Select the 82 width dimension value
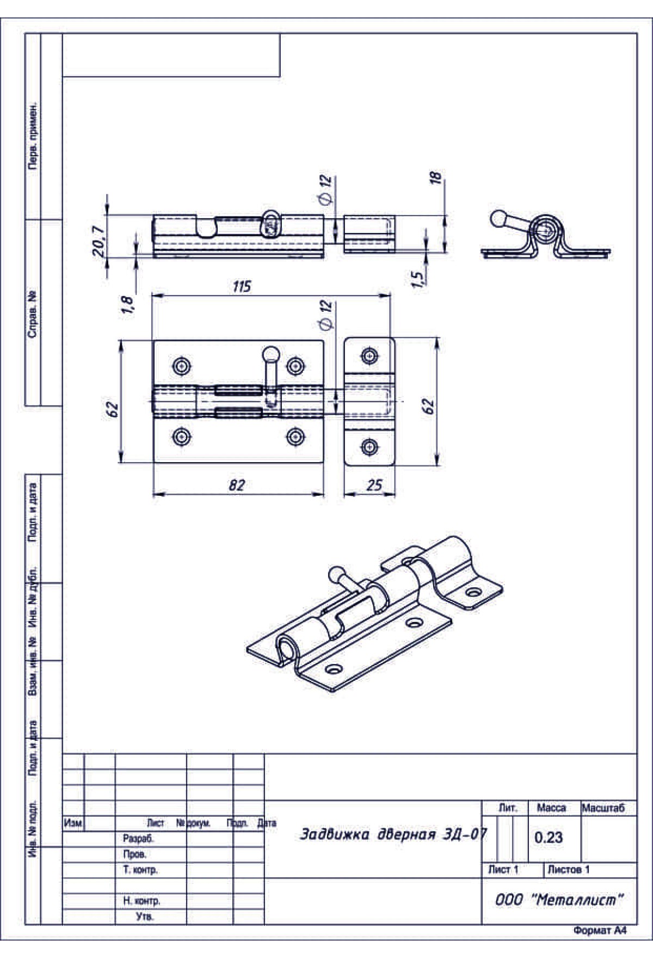click(x=237, y=484)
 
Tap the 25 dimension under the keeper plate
click(x=374, y=484)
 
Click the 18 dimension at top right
click(x=435, y=178)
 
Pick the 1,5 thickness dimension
click(x=418, y=279)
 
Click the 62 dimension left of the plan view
click(x=111, y=409)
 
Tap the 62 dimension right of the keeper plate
click(x=429, y=406)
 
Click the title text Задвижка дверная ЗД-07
click(x=393, y=834)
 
